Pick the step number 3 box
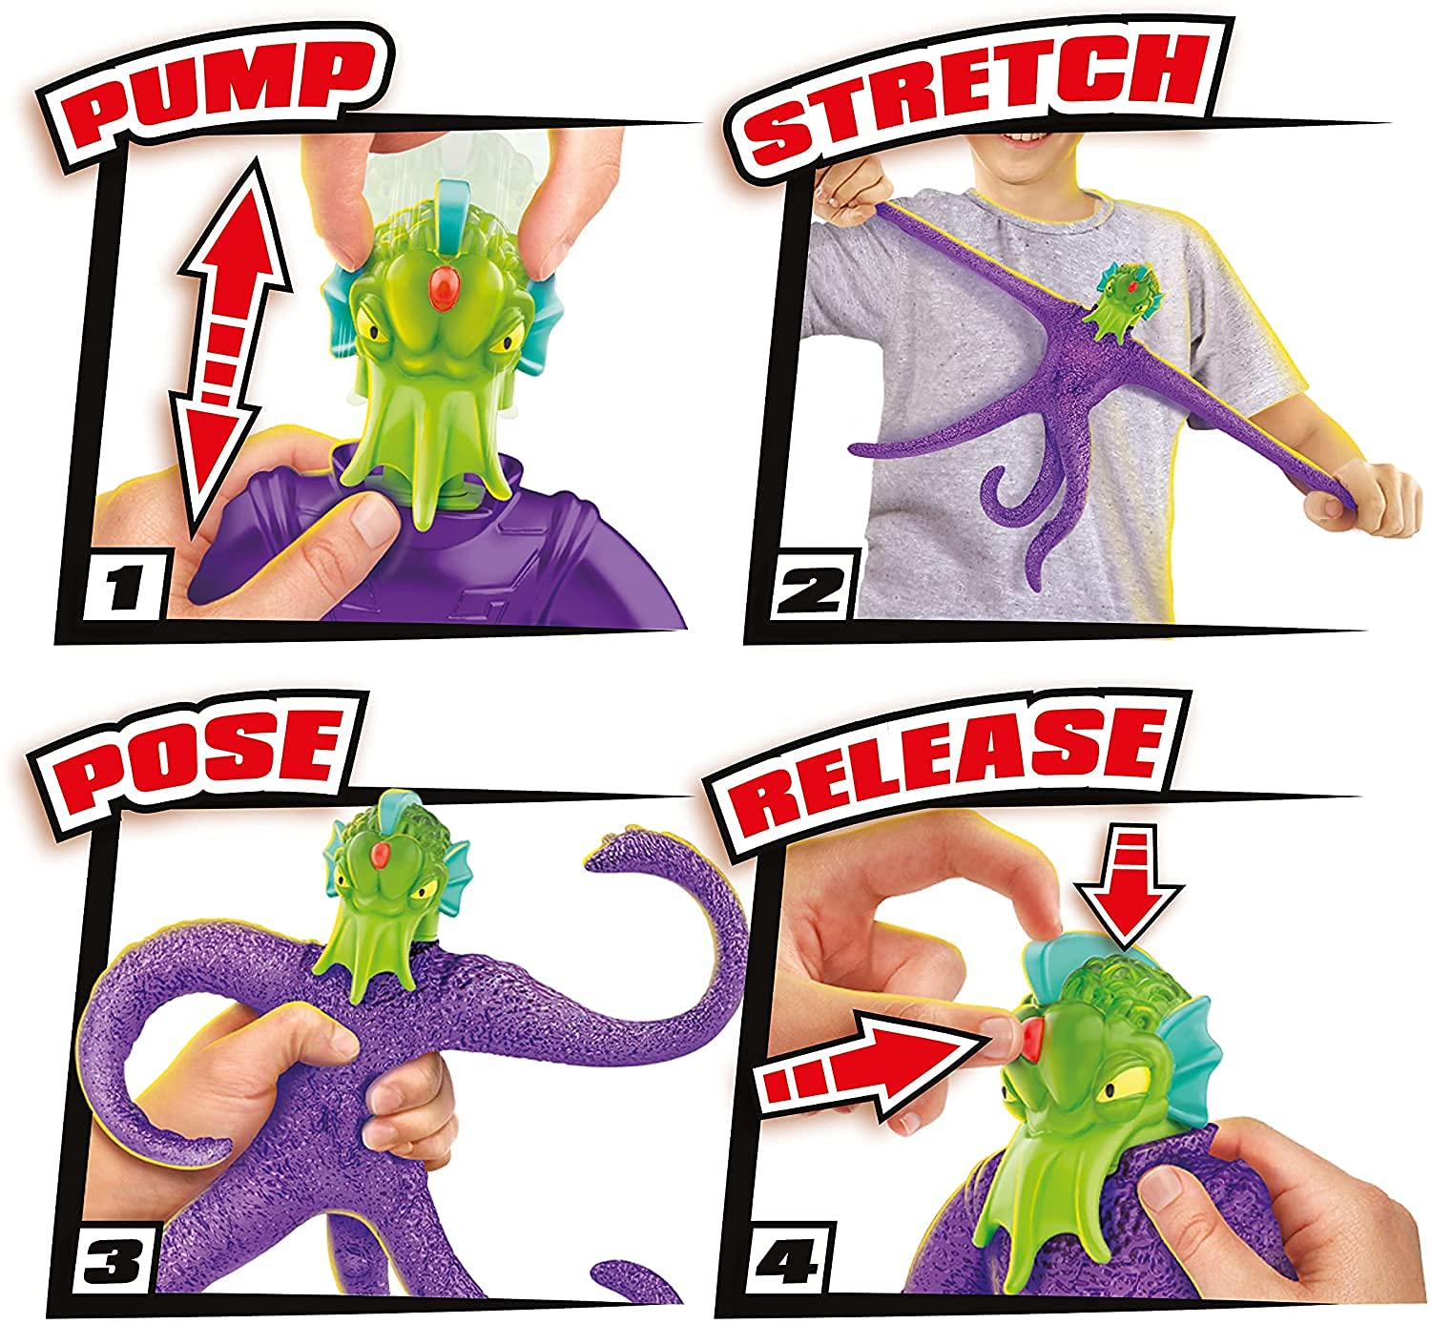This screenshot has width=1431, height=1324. pyautogui.click(x=114, y=1260)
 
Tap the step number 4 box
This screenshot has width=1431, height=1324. pyautogui.click(x=788, y=1258)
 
